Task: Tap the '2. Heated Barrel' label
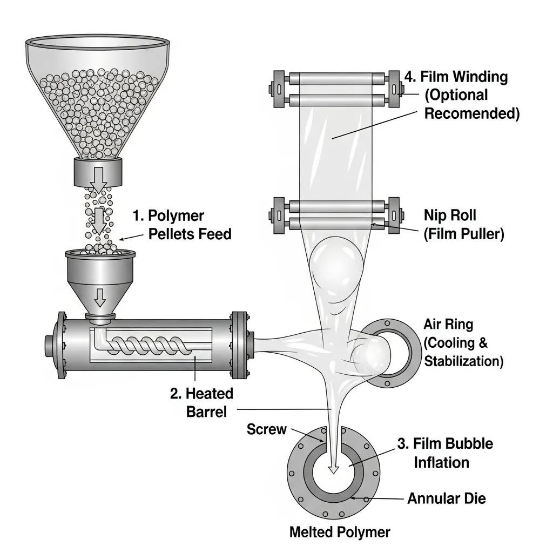pyautogui.click(x=201, y=402)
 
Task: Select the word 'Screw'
pyautogui.click(x=266, y=429)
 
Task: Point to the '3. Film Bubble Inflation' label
pyautogui.click(x=445, y=453)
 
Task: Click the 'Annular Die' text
pyautogui.click(x=446, y=498)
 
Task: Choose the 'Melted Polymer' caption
pyautogui.click(x=339, y=532)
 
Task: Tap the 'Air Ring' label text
pyautogui.click(x=448, y=325)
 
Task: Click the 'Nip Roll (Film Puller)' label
pyautogui.click(x=464, y=225)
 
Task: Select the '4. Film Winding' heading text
pyautogui.click(x=456, y=77)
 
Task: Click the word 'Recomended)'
pyautogui.click(x=472, y=113)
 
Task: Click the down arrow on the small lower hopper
pyautogui.click(x=100, y=296)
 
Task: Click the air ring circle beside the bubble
pyautogui.click(x=390, y=353)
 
